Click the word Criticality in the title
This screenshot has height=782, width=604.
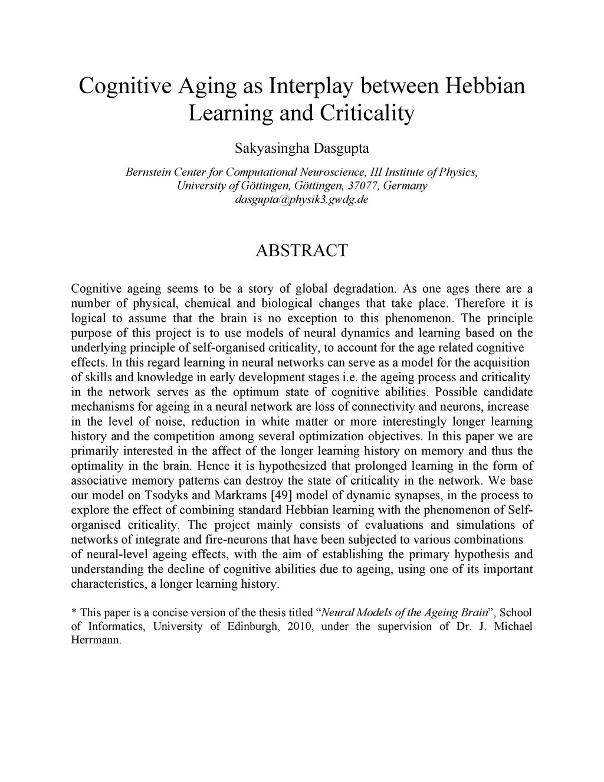click(x=367, y=113)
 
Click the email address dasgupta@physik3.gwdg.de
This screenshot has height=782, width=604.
click(x=301, y=199)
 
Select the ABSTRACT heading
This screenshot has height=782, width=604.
click(x=301, y=250)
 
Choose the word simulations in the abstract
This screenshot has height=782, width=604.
click(x=484, y=525)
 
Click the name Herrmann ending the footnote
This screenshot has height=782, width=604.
click(x=95, y=640)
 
